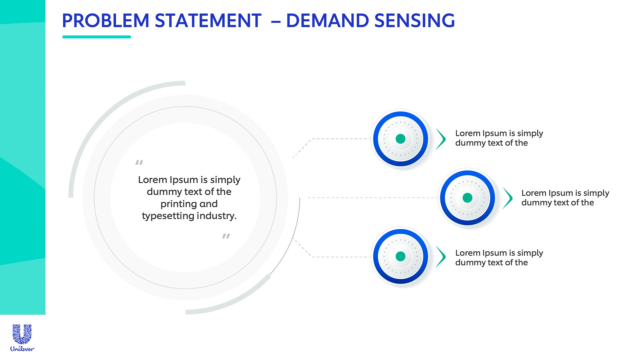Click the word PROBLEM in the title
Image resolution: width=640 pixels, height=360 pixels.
pos(105,21)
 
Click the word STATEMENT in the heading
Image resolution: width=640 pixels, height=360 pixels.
pos(208,21)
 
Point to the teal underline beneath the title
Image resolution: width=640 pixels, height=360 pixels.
pos(96,37)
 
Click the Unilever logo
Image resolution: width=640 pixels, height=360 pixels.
pos(22,338)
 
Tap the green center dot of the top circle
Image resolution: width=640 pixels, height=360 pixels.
pos(400,139)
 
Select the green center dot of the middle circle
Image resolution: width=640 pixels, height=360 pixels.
pos(467,198)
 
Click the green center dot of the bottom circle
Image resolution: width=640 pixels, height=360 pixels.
pos(400,256)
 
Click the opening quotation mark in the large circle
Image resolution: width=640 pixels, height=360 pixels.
pos(139,162)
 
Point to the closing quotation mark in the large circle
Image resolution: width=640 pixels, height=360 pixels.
pos(226,236)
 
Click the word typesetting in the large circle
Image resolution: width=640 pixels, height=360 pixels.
pos(168,216)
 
